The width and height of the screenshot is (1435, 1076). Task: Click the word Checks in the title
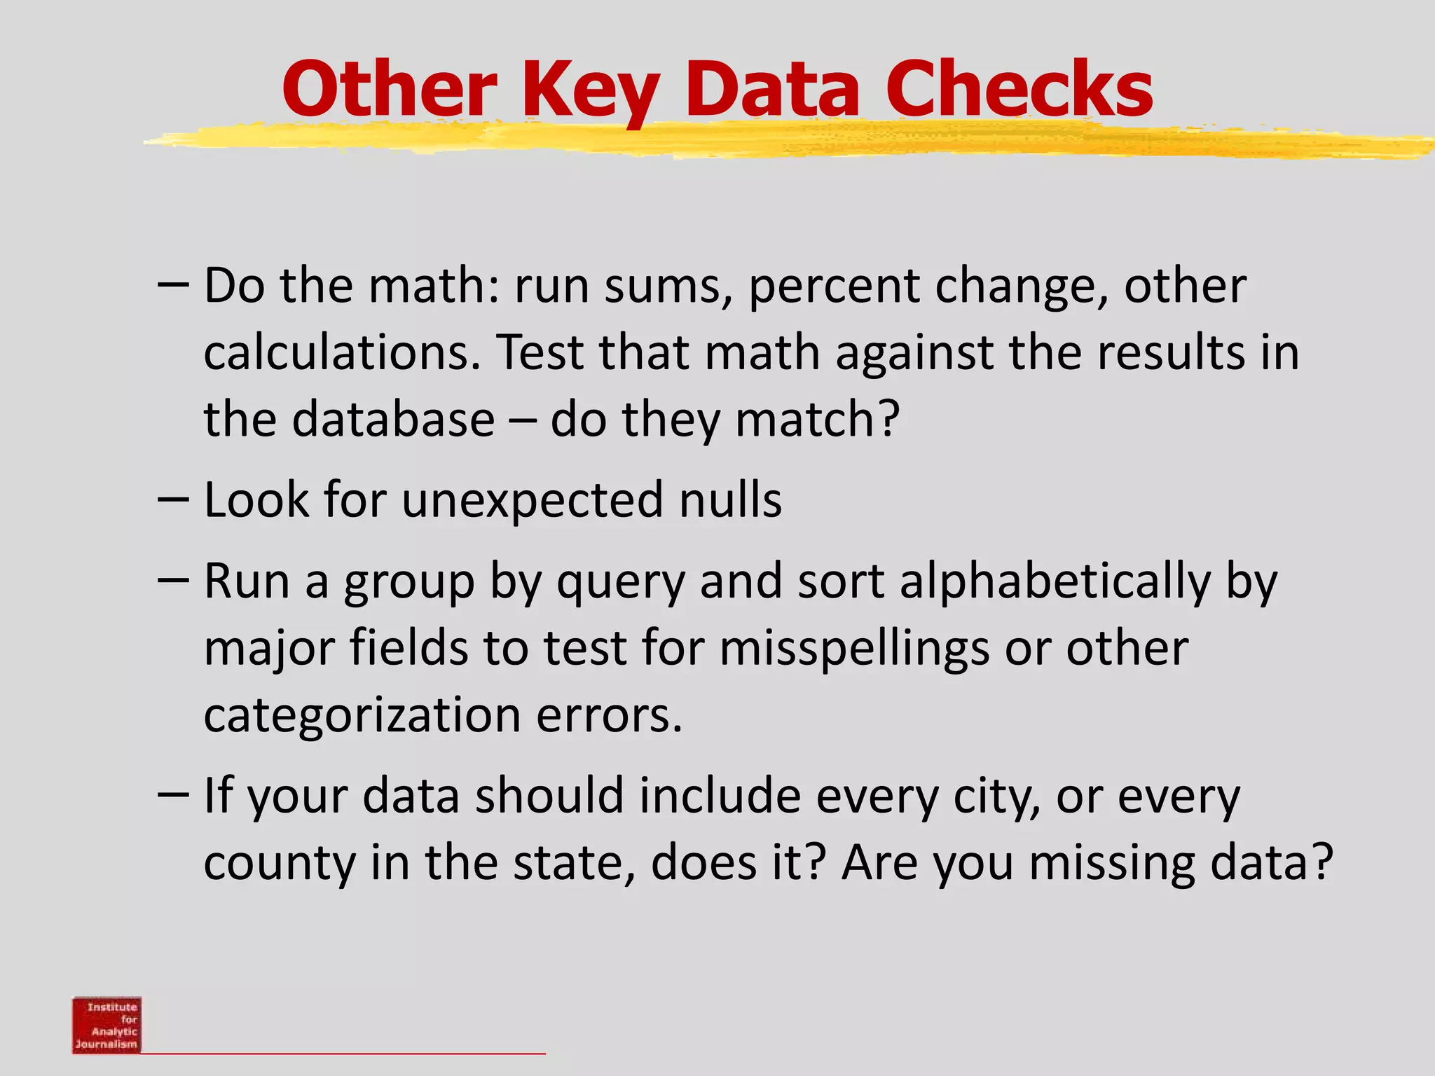point(1019,89)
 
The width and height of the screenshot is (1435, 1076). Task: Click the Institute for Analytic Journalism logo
point(107,1024)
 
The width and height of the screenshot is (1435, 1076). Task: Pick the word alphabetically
point(1055,581)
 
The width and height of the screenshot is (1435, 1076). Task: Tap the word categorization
point(362,715)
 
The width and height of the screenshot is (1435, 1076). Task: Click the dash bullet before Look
point(173,499)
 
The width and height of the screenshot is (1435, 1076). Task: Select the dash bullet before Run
point(173,580)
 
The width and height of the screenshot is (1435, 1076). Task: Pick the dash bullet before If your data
point(173,795)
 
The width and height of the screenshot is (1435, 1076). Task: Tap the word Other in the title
point(390,89)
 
